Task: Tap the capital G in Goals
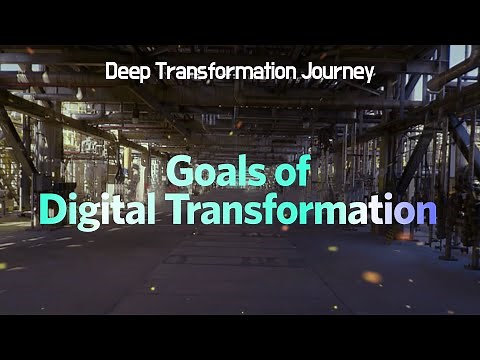pos(179,171)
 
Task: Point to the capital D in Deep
pos(111,72)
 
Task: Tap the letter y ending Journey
pos(369,75)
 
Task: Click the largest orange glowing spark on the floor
pos(371,276)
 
